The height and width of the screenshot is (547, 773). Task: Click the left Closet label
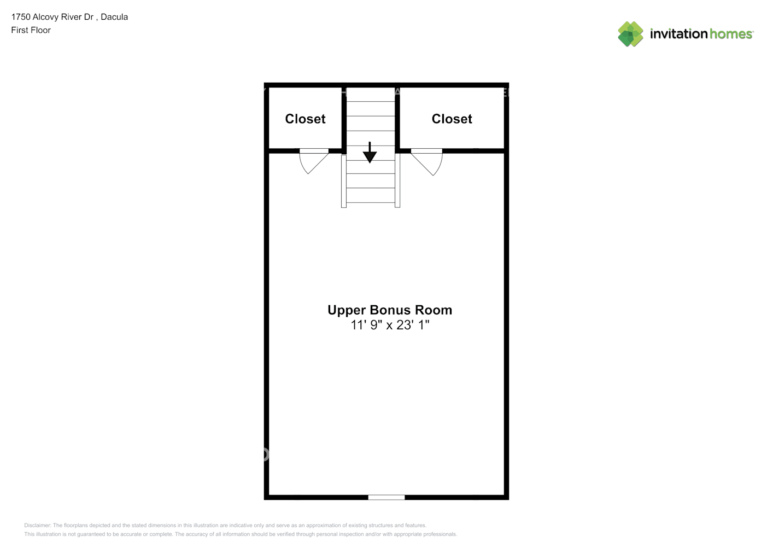point(305,119)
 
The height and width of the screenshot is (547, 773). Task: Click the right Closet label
point(452,119)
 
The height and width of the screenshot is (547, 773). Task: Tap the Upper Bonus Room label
point(389,310)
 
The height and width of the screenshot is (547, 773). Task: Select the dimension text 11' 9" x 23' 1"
point(390,325)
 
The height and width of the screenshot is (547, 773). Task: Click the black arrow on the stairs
point(370,153)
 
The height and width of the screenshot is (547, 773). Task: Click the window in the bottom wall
point(386,497)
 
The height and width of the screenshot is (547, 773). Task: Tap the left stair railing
point(344,181)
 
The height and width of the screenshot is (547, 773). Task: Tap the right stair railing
point(397,181)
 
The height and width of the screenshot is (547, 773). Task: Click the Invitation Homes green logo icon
point(630,34)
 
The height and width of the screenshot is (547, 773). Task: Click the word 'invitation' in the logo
point(678,34)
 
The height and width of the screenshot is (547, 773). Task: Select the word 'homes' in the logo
point(731,34)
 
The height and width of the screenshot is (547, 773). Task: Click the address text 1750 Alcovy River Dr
point(52,17)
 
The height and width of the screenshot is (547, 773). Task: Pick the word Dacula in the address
point(114,17)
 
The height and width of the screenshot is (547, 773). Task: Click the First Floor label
point(31,30)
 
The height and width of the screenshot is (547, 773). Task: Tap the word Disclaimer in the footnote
point(37,525)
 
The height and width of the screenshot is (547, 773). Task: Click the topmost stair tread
point(371,94)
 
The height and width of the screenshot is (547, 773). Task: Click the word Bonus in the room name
point(390,310)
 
